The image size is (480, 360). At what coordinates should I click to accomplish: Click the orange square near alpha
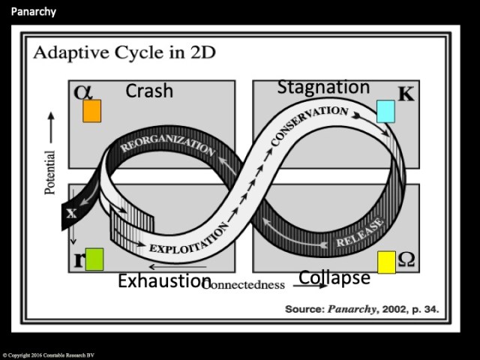pyautogui.click(x=91, y=111)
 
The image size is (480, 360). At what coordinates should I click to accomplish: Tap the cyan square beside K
pyautogui.click(x=385, y=111)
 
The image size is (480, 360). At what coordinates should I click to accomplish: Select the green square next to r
pyautogui.click(x=94, y=259)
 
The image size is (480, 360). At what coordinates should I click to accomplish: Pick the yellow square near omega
pyautogui.click(x=386, y=262)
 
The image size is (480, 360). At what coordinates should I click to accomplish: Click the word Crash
pyautogui.click(x=149, y=91)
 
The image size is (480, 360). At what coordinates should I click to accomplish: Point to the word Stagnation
pyautogui.click(x=323, y=87)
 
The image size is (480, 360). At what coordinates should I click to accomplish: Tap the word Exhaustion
pyautogui.click(x=163, y=281)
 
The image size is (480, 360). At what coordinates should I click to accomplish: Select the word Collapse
pyautogui.click(x=334, y=277)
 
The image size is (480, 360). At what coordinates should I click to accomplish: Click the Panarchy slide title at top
pyautogui.click(x=33, y=12)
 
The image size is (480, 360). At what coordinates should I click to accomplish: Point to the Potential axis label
pyautogui.click(x=51, y=172)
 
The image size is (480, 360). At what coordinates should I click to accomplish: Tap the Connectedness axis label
pyautogui.click(x=247, y=285)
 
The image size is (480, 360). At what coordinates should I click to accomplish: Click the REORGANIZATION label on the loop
pyautogui.click(x=166, y=144)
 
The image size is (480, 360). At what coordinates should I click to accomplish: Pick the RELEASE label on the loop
pyautogui.click(x=360, y=232)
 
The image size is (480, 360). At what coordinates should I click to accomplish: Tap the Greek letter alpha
pyautogui.click(x=82, y=92)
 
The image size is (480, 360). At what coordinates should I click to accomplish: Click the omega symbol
pyautogui.click(x=406, y=259)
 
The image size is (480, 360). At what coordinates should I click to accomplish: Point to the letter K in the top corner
pyautogui.click(x=406, y=95)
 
